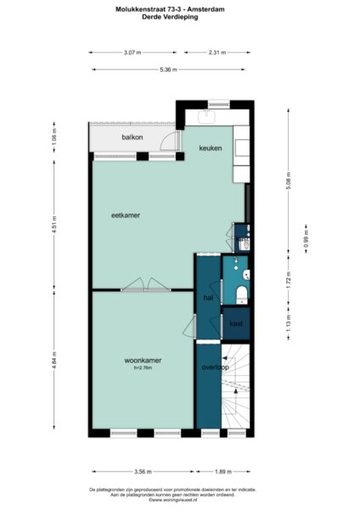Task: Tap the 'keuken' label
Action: (210, 148)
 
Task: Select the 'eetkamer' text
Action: (125, 215)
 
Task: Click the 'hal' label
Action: (208, 298)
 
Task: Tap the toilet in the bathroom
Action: (241, 294)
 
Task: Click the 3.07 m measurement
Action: (131, 53)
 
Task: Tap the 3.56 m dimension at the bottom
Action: (142, 473)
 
